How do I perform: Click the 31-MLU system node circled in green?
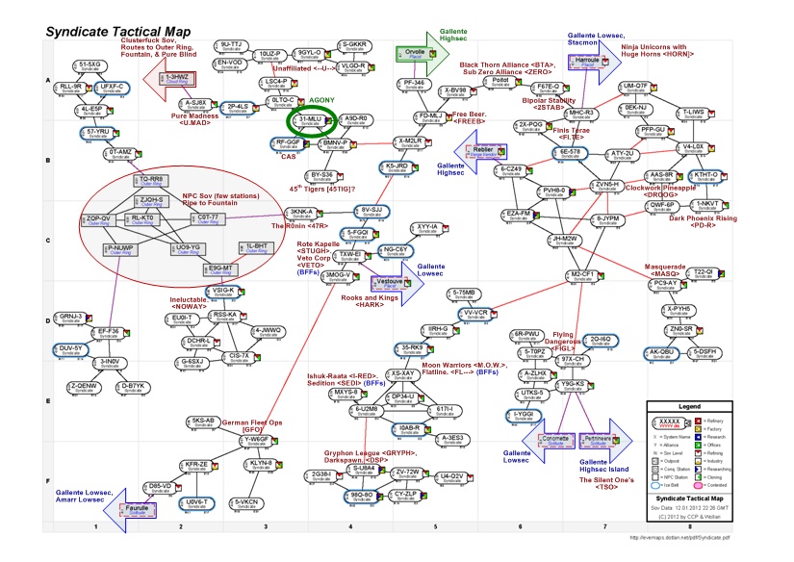310,120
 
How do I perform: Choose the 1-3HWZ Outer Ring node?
177,79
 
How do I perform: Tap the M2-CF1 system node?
584,275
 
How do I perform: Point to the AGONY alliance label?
321,100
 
